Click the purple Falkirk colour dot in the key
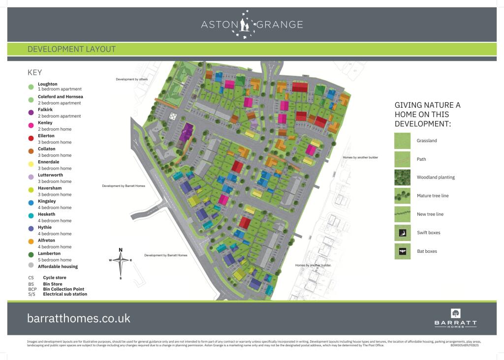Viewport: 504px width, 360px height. (31, 113)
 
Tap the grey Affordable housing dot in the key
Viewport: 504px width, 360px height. (31, 266)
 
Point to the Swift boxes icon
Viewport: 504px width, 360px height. (402, 233)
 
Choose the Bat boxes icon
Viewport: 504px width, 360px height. (402, 251)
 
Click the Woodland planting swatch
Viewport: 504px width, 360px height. (402, 177)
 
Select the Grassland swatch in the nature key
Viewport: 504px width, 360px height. (402, 141)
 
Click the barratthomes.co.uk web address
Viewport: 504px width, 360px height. (79, 318)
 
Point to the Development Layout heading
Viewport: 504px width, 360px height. (71, 49)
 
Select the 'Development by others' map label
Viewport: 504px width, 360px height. (131, 79)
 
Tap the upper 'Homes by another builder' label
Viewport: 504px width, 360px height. (360, 157)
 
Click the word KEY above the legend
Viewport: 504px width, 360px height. (34, 72)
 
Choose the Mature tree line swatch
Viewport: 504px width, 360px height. (402, 196)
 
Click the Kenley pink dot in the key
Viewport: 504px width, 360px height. (31, 126)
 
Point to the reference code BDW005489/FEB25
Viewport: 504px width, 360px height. (464, 345)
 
